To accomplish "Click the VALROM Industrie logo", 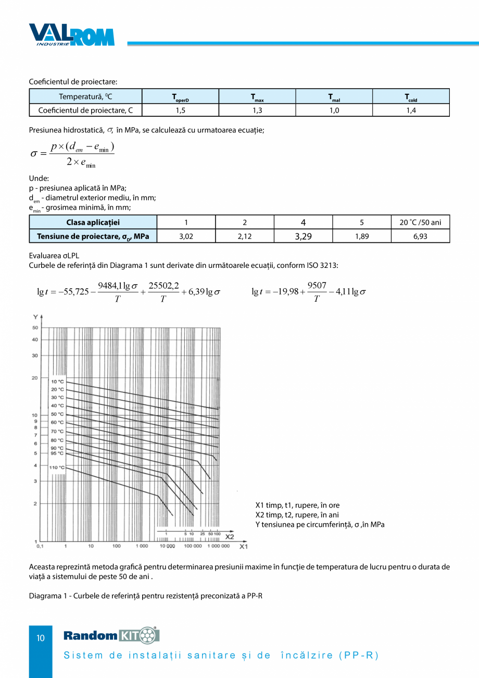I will (x=71, y=35).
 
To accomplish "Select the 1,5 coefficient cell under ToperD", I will (x=180, y=110).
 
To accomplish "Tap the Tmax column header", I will (x=257, y=97).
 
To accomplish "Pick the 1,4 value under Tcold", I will (x=411, y=110).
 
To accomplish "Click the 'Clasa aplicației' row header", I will (x=93, y=223).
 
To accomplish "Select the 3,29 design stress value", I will (x=303, y=236).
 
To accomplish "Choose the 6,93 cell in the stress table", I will (x=421, y=236).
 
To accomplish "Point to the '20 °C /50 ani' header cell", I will (x=421, y=223).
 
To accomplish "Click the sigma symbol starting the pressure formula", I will (x=35, y=154).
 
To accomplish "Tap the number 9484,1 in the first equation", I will (x=110, y=286).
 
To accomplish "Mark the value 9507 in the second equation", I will (x=317, y=285).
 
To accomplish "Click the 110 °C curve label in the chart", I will (x=57, y=468).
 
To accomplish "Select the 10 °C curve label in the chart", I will (x=57, y=381).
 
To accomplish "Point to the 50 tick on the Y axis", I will (x=35, y=328).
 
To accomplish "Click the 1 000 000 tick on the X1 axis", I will (x=218, y=546).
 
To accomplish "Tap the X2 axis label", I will (x=230, y=536).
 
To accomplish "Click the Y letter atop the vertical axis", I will (x=35, y=317).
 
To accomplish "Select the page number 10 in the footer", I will (x=41, y=638).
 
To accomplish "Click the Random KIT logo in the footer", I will (x=111, y=635).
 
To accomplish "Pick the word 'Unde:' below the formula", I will (x=39, y=178).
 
